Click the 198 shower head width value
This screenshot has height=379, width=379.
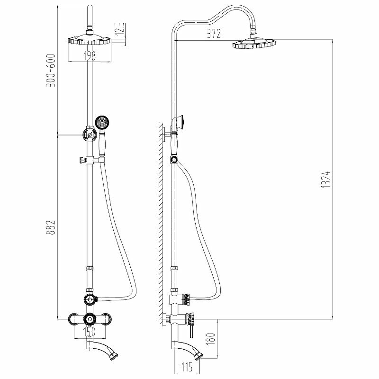click(89, 56)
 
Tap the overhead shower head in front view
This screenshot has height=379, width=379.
click(89, 41)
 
